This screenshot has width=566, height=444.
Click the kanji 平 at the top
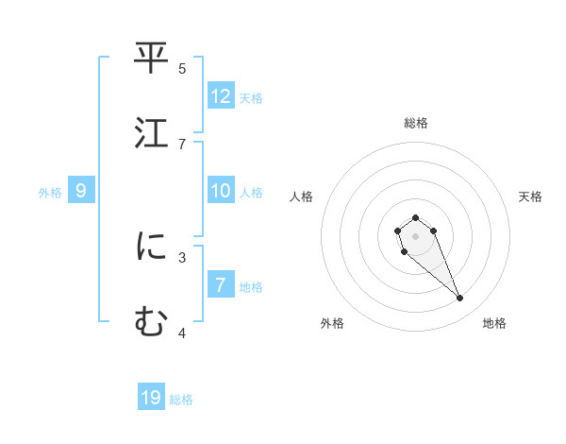(x=151, y=59)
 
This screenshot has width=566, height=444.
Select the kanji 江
(x=151, y=133)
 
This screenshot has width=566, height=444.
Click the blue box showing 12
(x=221, y=96)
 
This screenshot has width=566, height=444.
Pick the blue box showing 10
(x=221, y=191)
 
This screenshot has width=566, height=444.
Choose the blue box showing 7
(x=221, y=285)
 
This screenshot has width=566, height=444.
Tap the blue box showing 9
(x=81, y=191)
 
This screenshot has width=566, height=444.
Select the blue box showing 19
(x=151, y=398)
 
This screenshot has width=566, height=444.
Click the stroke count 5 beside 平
(x=182, y=68)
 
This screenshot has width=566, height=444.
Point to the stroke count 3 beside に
(x=182, y=256)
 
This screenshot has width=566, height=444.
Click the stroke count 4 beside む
(x=182, y=332)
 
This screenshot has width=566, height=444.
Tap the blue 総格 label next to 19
(x=181, y=400)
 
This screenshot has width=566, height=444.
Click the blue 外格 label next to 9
(x=50, y=193)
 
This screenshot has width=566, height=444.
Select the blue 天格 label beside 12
(x=251, y=98)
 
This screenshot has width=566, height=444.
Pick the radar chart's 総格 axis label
(x=416, y=123)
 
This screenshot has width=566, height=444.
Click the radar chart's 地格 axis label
(x=494, y=323)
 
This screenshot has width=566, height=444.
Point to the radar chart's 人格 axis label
(x=302, y=196)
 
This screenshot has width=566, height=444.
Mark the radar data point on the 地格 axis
(x=460, y=299)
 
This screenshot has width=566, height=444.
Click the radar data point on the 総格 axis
(x=416, y=217)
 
